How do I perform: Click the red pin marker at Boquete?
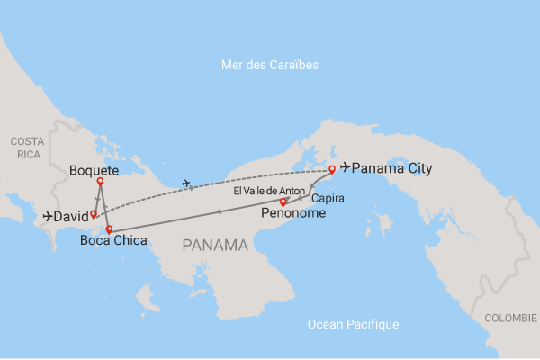[x=100, y=181]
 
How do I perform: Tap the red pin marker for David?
[x=94, y=214]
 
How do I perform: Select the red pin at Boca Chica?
[x=109, y=229]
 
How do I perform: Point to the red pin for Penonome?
[x=283, y=202]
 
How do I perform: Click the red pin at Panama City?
[x=332, y=169]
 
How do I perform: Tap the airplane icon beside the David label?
[x=48, y=216]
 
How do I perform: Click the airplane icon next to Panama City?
[x=345, y=167]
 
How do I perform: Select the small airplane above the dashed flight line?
[x=186, y=184]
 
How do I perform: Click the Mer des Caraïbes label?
[x=270, y=66]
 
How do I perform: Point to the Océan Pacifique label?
[x=353, y=324]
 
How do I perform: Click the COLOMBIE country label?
[x=510, y=318]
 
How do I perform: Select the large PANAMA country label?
[x=215, y=244]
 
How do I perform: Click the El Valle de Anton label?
[x=270, y=191]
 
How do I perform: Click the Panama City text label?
[x=391, y=167]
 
